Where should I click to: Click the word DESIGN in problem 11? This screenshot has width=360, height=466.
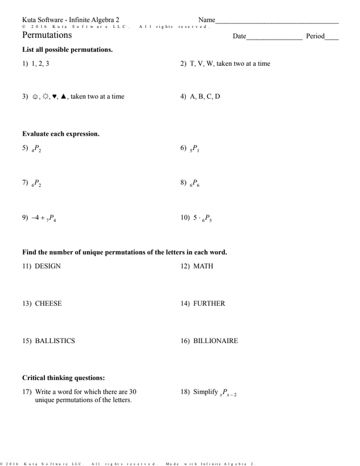pyautogui.click(x=48, y=266)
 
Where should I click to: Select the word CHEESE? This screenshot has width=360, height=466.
pyautogui.click(x=48, y=303)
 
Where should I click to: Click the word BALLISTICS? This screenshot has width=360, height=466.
pyautogui.click(x=55, y=341)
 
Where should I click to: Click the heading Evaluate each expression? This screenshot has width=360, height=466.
pyautogui.click(x=61, y=133)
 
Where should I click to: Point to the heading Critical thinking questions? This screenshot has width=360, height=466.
pyautogui.click(x=63, y=378)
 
